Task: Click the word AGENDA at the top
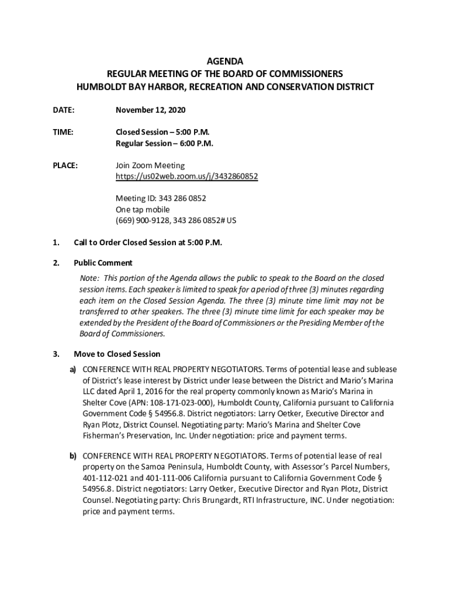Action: pos(225,61)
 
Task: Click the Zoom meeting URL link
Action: pos(186,176)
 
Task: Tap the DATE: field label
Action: pos(64,110)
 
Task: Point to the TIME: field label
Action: pos(63,132)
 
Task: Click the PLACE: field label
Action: pos(65,165)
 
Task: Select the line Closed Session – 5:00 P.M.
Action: pos(162,132)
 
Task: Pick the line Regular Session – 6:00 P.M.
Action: pos(164,143)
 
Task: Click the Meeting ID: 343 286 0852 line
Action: pos(161,199)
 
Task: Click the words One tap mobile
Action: pos(143,210)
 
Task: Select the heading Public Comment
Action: pos(103,263)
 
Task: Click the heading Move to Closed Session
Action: pos(116,354)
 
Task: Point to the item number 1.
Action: pos(56,242)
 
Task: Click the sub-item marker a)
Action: pos(74,370)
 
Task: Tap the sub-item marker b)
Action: pos(74,455)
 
